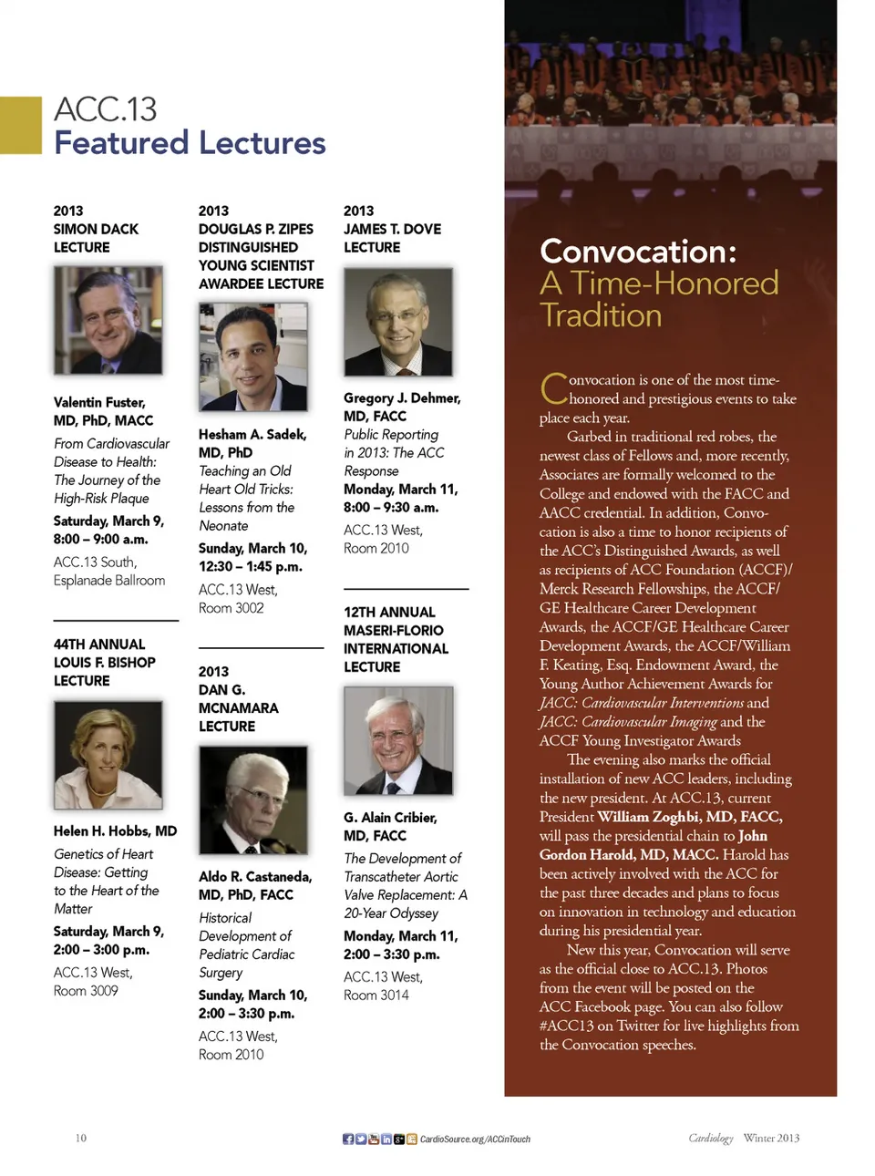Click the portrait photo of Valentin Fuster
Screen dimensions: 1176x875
point(108,320)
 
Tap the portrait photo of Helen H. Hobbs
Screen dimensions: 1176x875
point(108,755)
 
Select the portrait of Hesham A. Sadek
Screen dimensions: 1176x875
point(252,356)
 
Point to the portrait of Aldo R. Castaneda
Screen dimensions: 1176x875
point(252,799)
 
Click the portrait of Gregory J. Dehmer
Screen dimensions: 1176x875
point(397,322)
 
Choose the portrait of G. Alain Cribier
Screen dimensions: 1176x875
point(397,740)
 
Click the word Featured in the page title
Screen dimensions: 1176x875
point(120,143)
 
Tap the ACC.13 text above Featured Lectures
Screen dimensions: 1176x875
point(105,109)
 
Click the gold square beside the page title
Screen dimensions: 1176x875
point(20,125)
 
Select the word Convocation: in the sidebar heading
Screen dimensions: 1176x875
point(637,251)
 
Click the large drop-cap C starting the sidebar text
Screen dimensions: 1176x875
point(553,389)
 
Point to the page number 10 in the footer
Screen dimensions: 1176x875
point(80,1138)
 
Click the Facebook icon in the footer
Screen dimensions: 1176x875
point(348,1139)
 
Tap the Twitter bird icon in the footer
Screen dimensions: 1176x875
point(361,1139)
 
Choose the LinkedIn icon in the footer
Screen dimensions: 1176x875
point(386,1139)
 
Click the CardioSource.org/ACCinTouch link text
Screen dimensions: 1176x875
point(475,1139)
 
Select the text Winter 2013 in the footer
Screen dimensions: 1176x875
point(771,1138)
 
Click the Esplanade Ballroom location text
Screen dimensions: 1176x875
point(109,581)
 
